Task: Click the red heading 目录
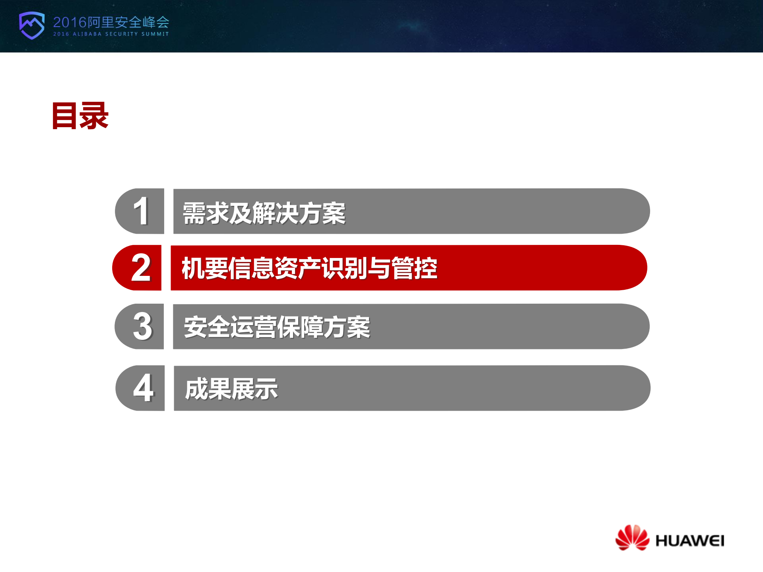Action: (x=80, y=116)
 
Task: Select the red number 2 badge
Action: (x=140, y=268)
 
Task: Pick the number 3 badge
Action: (x=142, y=326)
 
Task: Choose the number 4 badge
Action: (x=143, y=388)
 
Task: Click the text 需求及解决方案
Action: (x=264, y=213)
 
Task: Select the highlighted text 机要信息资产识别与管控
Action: (x=309, y=268)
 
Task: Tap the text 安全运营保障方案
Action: (x=277, y=327)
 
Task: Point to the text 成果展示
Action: (x=231, y=389)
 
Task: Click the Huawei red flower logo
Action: (x=632, y=537)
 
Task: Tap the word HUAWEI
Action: (x=689, y=541)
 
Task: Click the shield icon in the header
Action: (x=32, y=25)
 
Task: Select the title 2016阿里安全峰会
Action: (x=111, y=22)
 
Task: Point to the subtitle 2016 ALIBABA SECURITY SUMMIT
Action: (x=111, y=34)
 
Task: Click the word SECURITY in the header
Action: (x=121, y=34)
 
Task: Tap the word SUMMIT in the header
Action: (x=155, y=34)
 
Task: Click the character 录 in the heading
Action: (x=94, y=116)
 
